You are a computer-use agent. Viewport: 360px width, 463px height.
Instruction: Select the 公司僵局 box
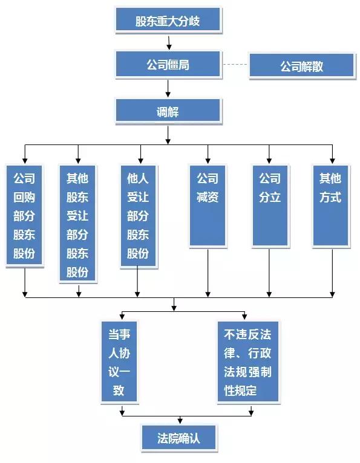(x=168, y=64)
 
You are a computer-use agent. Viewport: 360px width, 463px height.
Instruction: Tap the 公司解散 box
(x=302, y=65)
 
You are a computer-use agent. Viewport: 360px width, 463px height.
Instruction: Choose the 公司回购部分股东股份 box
(x=24, y=216)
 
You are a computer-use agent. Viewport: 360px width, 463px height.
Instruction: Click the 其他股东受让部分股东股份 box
(x=77, y=224)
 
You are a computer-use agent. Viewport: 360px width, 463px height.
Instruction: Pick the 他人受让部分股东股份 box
(x=138, y=216)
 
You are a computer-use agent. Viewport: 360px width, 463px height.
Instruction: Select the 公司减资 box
(x=208, y=206)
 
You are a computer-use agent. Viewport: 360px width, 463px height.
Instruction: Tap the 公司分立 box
(x=270, y=206)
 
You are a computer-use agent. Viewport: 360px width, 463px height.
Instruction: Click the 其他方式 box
(x=331, y=206)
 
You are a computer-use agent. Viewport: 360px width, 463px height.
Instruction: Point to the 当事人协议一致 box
(x=119, y=362)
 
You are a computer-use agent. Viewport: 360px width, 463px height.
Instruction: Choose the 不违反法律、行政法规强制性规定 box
(x=248, y=362)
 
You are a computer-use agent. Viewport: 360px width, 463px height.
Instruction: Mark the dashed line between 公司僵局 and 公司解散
(x=235, y=64)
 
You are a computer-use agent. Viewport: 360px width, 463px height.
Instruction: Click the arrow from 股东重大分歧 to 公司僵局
(x=169, y=43)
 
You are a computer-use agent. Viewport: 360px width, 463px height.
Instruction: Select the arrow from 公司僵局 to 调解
(x=168, y=88)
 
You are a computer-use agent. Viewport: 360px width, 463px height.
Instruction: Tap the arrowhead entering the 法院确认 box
(x=180, y=421)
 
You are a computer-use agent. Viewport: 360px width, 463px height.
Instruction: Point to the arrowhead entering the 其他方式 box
(x=333, y=160)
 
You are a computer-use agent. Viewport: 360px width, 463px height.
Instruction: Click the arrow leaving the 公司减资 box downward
(x=208, y=273)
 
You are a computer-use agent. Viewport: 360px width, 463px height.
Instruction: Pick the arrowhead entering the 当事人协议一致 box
(x=122, y=316)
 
